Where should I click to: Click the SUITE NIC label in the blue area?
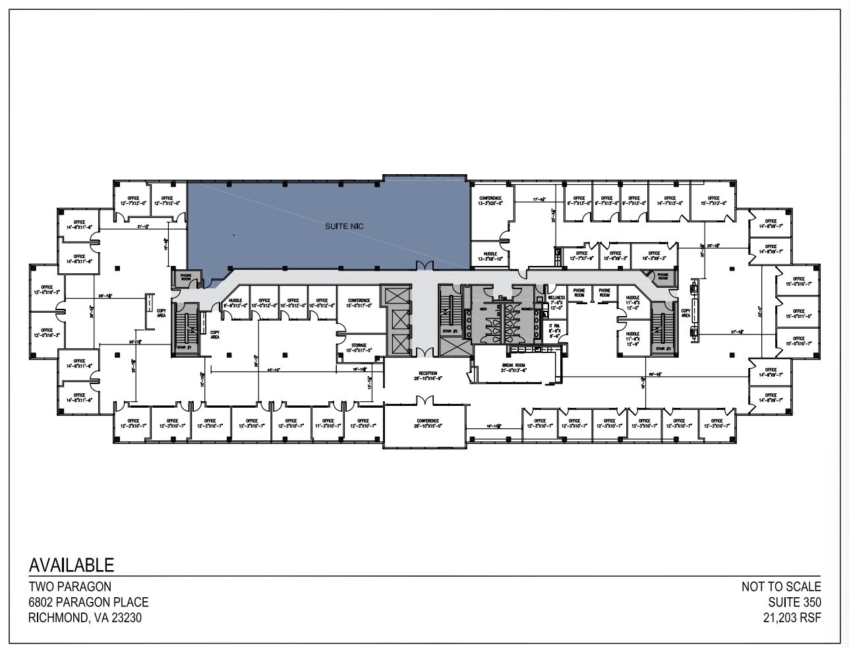coord(344,226)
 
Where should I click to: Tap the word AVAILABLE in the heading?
coord(71,565)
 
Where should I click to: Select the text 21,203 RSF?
coord(788,618)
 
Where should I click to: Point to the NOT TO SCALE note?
coord(781,586)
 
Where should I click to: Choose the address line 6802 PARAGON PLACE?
coord(88,602)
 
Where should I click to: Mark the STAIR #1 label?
coord(186,346)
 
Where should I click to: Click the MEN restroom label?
coord(483,309)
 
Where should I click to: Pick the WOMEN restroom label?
coord(527,309)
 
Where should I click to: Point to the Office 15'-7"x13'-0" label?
coord(713,201)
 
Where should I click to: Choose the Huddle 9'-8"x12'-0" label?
coord(235,303)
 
